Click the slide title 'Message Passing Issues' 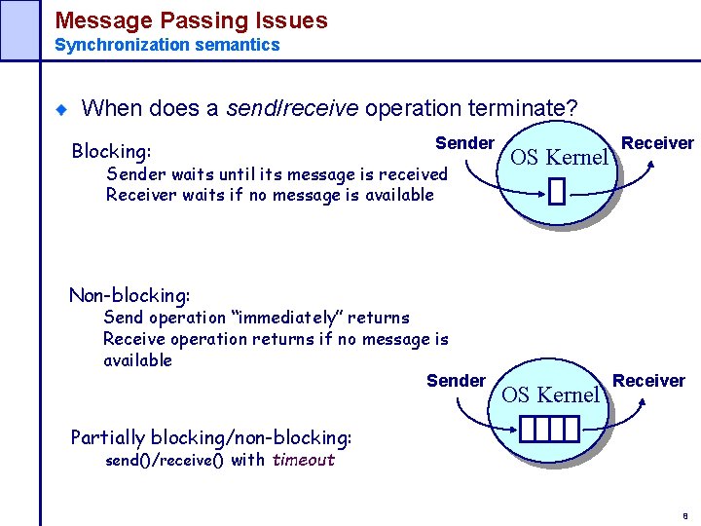(191, 19)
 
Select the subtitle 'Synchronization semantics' (166, 45)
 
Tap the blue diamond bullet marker (60, 109)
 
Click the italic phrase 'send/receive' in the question (292, 108)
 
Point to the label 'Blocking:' (111, 151)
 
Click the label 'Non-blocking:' (129, 294)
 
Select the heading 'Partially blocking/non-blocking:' (211, 437)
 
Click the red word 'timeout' (303, 460)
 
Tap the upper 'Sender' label (464, 143)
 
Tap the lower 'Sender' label (456, 381)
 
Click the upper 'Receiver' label (657, 143)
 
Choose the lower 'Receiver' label (648, 381)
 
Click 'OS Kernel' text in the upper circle (558, 157)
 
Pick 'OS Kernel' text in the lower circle (550, 394)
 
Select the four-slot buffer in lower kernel (549, 428)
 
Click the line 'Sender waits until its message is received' (277, 174)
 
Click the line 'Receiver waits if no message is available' (270, 195)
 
